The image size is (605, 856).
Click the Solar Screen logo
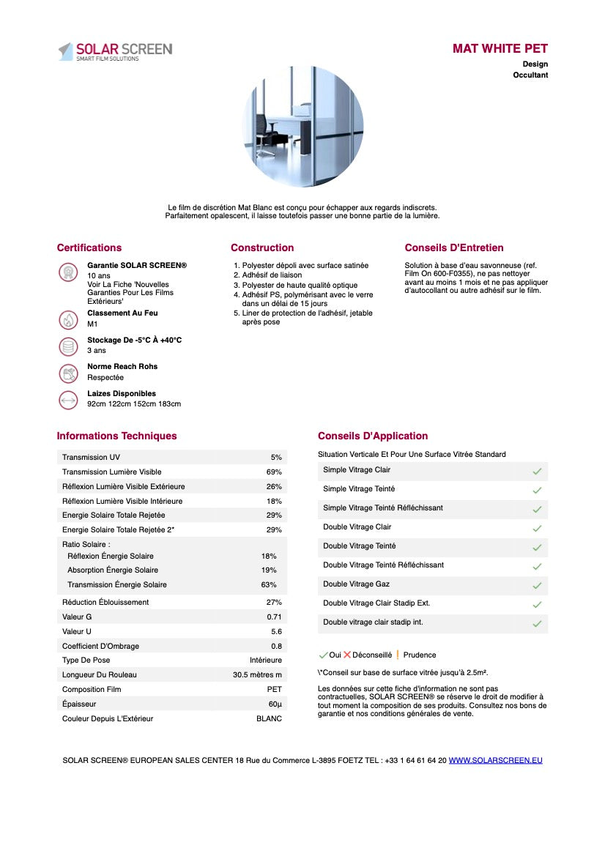tap(115, 51)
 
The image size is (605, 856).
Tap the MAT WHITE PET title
tap(500, 48)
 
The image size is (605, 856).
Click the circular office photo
tap(302, 127)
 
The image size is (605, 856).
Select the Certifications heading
tap(89, 248)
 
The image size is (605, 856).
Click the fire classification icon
tap(68, 319)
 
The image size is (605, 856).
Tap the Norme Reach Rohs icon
tap(68, 373)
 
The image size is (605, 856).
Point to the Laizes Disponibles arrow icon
tap(68, 400)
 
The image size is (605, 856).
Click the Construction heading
tap(262, 248)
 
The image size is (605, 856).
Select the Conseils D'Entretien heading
tap(454, 248)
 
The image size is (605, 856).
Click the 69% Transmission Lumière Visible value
tap(274, 472)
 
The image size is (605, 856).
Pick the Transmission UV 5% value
tap(276, 457)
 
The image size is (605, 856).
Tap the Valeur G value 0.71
tap(274, 617)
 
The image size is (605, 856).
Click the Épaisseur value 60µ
tap(275, 704)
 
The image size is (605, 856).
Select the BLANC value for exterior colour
tap(269, 718)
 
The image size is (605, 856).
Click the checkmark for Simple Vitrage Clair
tap(537, 471)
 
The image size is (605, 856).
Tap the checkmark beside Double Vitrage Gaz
tap(537, 585)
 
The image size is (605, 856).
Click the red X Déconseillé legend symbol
tap(347, 655)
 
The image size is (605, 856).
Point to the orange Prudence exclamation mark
tap(397, 655)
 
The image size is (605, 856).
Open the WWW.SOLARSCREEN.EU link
tap(495, 760)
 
